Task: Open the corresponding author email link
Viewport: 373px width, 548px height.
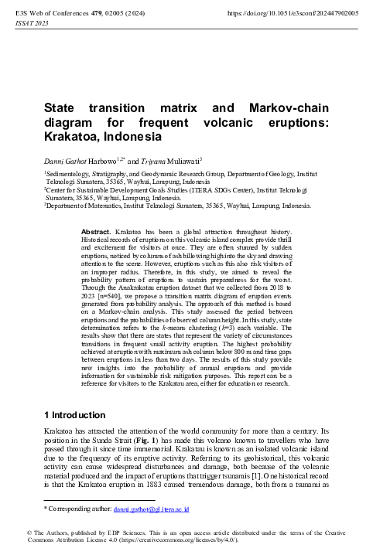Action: point(152,509)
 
